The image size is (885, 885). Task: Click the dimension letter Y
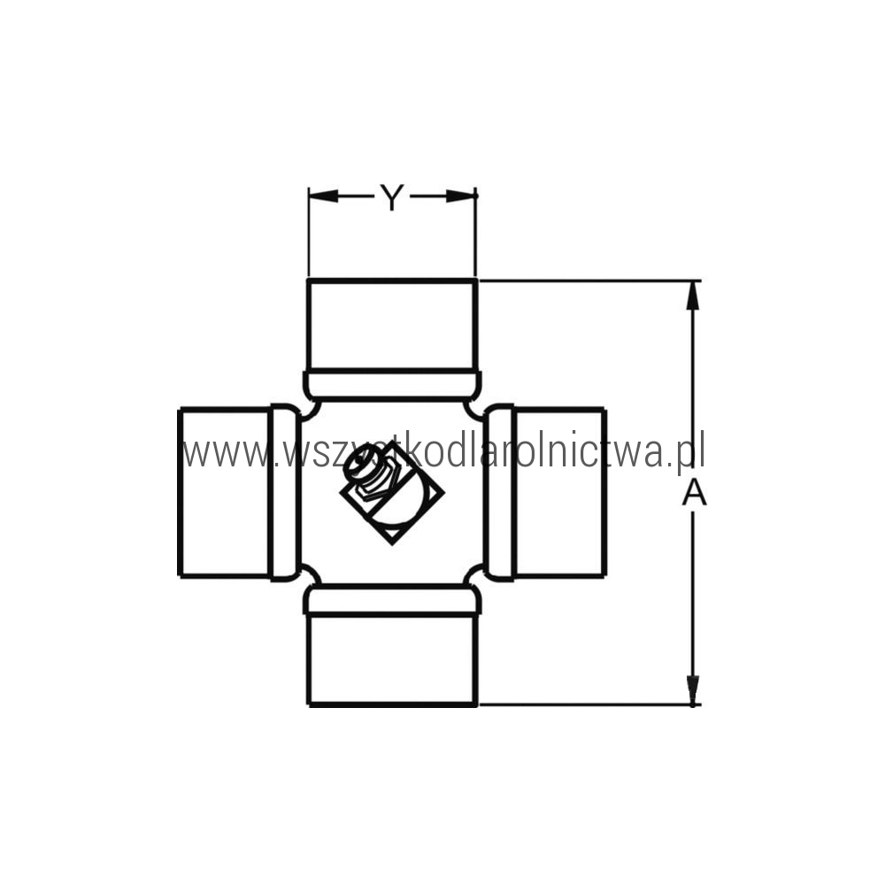[x=392, y=197]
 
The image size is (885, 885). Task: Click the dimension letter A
[x=694, y=492]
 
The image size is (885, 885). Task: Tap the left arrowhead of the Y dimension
[x=323, y=196]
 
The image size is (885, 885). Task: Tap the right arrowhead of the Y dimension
[x=460, y=196]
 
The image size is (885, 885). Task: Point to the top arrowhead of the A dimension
[x=693, y=295]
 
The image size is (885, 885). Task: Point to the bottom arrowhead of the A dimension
[x=693, y=689]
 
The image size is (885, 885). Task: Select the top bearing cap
[x=392, y=325]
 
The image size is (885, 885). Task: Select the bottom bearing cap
[x=392, y=660]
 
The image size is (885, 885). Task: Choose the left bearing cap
[x=225, y=492]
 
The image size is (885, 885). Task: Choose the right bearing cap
[x=560, y=492]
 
